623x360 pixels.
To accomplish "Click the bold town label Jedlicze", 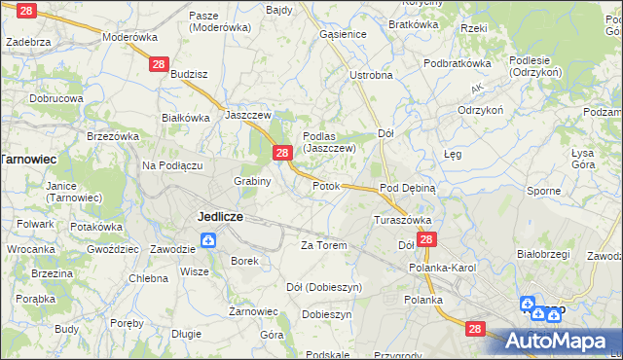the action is click(220, 216).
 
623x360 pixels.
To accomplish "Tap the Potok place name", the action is click(326, 186).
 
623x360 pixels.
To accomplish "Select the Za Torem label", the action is click(324, 245).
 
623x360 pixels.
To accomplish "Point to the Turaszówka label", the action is click(402, 220).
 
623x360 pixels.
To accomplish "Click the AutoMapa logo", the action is click(560, 342).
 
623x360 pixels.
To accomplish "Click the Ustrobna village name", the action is click(371, 75).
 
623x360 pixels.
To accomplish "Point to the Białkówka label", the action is click(186, 118).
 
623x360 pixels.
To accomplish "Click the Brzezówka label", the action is click(113, 137).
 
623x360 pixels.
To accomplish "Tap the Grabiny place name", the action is click(252, 181).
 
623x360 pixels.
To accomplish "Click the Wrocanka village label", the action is click(30, 249).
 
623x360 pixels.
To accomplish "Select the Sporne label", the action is click(543, 191).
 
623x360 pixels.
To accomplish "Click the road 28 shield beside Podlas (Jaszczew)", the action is click(282, 153).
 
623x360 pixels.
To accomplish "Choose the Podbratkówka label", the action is click(457, 62).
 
